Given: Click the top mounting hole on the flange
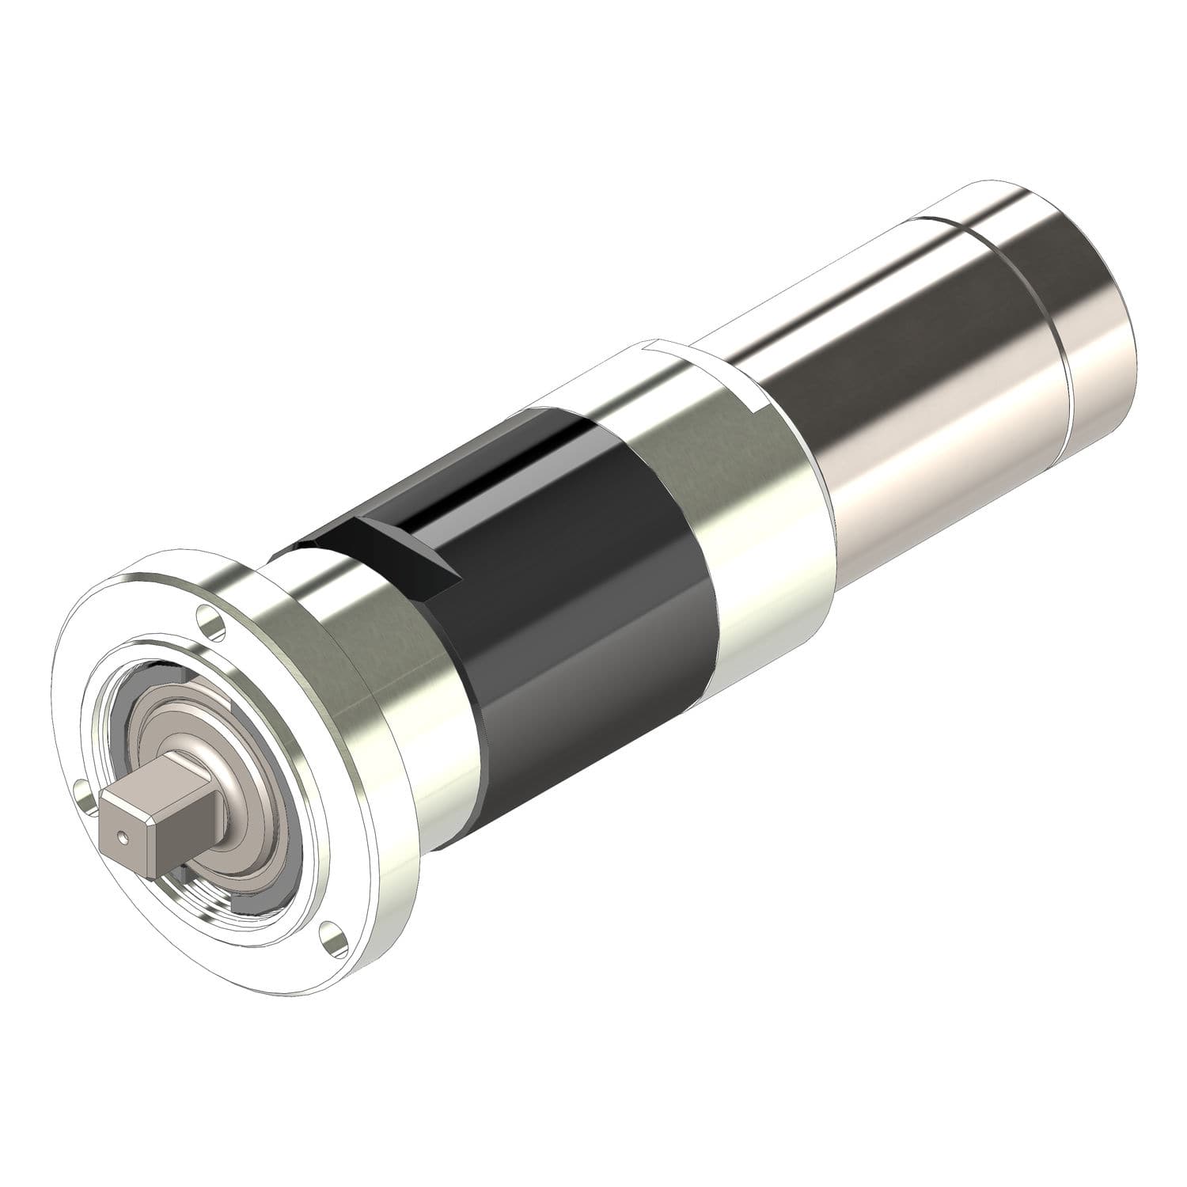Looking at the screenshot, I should tap(208, 618).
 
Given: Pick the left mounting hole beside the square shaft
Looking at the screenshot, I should tap(82, 789).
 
